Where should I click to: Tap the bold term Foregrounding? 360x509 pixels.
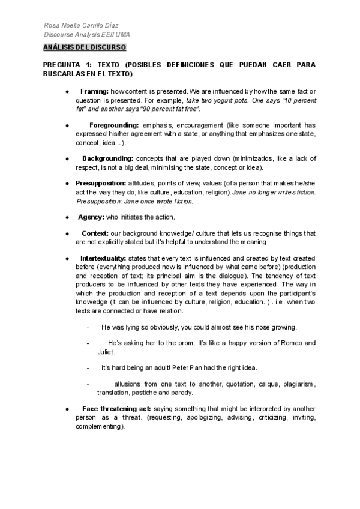tap(115, 125)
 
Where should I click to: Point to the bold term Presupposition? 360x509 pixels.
tap(100, 182)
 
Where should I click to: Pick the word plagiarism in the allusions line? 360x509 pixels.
tap(298, 383)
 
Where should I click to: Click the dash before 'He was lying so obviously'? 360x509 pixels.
tap(88, 327)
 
